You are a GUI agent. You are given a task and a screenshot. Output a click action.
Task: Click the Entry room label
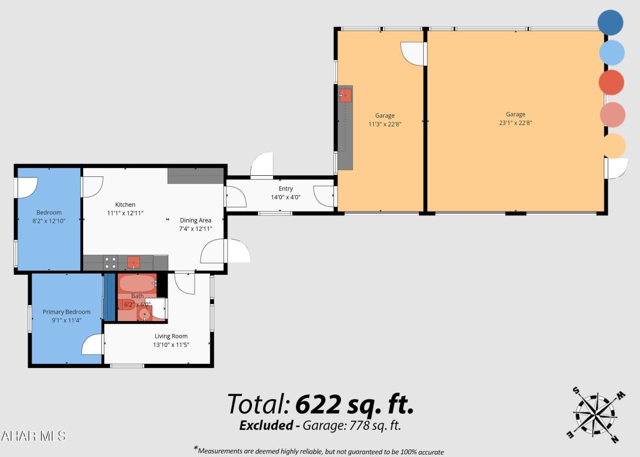pos(285,189)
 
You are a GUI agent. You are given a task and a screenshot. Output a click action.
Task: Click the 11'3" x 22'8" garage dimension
pos(384,124)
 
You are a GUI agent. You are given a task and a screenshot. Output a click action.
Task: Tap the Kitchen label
pos(125,204)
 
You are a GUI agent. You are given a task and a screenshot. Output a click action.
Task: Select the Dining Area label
pos(195,220)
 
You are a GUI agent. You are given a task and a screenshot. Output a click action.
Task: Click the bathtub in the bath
pos(137,284)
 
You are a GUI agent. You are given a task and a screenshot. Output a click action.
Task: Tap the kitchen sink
pos(134,262)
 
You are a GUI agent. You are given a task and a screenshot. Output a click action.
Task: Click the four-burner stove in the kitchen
pos(110,262)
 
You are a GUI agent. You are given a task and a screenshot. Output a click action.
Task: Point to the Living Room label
pos(171,336)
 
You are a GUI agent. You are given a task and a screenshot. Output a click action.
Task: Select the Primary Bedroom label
pos(66,312)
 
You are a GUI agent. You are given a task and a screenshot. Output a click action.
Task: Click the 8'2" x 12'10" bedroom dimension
pos(49,221)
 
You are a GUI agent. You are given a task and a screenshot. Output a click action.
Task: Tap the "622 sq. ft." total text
pos(355,404)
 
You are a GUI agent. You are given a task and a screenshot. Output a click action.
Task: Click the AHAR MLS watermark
pos(33,436)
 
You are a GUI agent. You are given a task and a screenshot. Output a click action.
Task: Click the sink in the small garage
pos(345,94)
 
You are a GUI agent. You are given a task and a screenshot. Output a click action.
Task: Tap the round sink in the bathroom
pos(144,315)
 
